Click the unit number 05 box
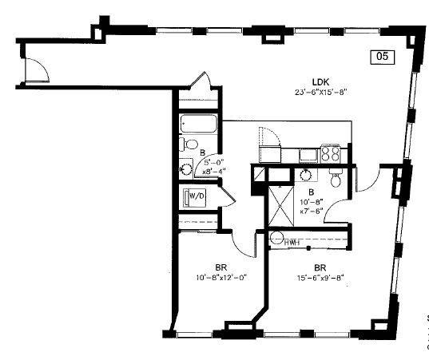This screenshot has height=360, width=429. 383,56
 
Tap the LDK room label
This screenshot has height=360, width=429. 321,80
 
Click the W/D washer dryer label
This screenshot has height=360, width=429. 197,195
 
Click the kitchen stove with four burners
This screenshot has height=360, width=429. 331,152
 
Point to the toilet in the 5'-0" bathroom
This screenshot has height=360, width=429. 190,144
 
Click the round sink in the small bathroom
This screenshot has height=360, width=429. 186,168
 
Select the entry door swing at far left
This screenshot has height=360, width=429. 36,71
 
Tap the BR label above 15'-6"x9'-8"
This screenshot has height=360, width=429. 320,267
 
